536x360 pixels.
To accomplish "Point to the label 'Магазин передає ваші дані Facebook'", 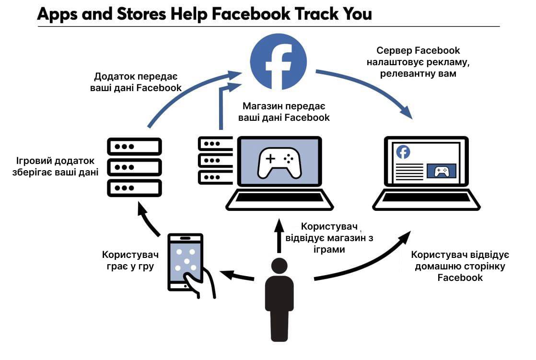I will (286, 111).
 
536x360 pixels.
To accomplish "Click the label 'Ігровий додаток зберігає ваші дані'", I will (56, 166).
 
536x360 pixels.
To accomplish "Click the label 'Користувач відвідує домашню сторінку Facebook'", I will (460, 266).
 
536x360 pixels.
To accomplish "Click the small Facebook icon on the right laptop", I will (403, 152).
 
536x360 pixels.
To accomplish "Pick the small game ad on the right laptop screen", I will (441, 171).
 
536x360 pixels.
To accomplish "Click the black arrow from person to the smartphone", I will (238, 276).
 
